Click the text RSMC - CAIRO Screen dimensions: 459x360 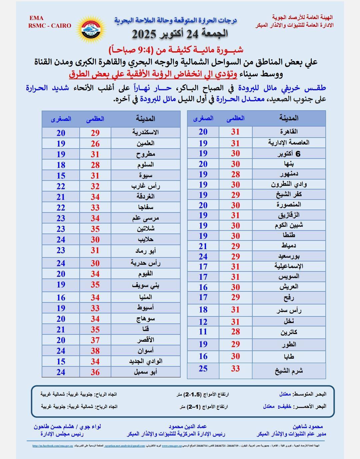[x=50, y=26]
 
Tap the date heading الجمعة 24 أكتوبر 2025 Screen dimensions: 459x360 [x=180, y=34]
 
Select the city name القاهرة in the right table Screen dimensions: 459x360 [x=289, y=132]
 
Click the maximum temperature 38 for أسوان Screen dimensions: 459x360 [x=95, y=351]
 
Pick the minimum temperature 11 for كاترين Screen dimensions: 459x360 [x=203, y=332]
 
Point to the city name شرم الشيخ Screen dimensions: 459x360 [x=289, y=370]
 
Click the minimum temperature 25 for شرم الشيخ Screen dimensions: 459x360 [x=203, y=369]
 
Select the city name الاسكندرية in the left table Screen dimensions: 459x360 [x=145, y=132]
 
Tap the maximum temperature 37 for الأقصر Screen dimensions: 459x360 [x=95, y=340]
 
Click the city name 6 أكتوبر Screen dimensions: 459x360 [x=289, y=154]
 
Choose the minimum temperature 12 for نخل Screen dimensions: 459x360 [x=203, y=322]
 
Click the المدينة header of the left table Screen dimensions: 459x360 [x=145, y=119]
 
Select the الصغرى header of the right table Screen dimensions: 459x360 [x=203, y=118]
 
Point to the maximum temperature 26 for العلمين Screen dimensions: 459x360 [x=95, y=144]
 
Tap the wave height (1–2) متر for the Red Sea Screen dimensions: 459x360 [x=189, y=407]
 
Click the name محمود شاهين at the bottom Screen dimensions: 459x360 [x=308, y=427]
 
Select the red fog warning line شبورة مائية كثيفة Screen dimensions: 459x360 [x=176, y=50]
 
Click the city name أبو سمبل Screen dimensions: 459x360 [x=145, y=372]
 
